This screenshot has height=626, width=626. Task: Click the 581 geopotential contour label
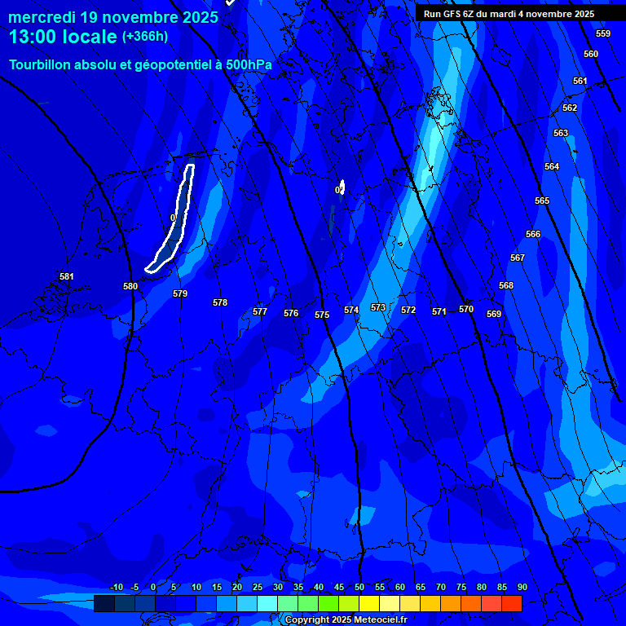[67, 276]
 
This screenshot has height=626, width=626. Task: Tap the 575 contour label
[322, 315]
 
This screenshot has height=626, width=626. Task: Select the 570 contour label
[466, 309]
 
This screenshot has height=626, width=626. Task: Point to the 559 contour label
[603, 33]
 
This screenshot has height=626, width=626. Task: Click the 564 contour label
[552, 166]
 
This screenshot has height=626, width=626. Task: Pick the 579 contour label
[180, 293]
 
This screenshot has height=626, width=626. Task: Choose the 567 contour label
[518, 258]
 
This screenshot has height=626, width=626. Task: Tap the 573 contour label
[378, 307]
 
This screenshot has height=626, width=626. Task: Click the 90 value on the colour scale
[522, 587]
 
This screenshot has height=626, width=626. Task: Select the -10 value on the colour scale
[117, 587]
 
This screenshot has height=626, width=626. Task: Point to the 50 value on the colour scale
[359, 587]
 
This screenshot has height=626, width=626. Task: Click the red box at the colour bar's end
[512, 603]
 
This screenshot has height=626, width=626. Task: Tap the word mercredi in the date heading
[42, 17]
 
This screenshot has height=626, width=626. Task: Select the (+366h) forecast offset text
[145, 37]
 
